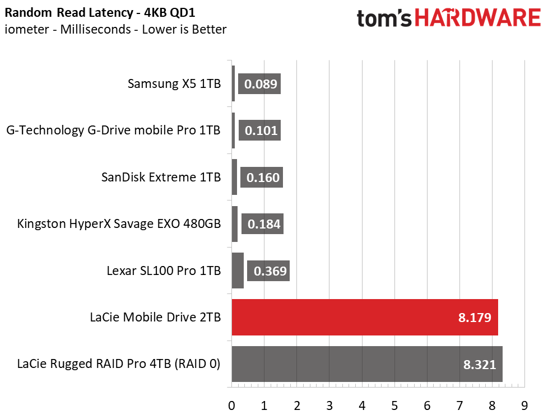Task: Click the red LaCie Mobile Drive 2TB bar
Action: point(365,317)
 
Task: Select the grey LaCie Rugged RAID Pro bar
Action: point(367,364)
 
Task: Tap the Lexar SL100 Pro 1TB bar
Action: point(238,271)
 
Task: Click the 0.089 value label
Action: point(259,84)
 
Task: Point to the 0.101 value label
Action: point(259,130)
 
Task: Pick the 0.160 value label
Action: point(262,178)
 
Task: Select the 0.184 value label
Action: point(262,224)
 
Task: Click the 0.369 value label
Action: point(268,271)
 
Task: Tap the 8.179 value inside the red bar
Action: point(475,318)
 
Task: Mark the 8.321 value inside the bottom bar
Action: point(480,365)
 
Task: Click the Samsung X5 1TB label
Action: point(174,84)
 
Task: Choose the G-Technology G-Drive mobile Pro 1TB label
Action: point(114,130)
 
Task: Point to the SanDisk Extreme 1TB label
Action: point(161,177)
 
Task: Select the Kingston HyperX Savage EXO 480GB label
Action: point(119,223)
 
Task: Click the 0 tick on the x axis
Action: point(231,405)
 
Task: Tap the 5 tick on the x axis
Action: point(394,405)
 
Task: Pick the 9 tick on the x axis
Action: point(524,405)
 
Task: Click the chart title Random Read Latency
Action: point(69,12)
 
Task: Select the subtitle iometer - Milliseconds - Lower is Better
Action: point(115,29)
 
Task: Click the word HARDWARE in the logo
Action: point(478,18)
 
